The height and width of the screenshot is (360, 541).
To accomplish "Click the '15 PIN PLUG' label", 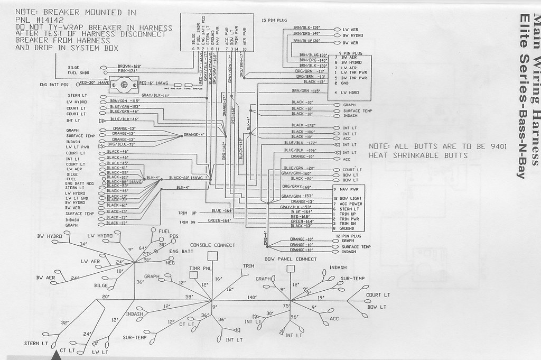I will tap(274, 20).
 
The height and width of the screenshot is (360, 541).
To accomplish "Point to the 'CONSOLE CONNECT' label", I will tap(213, 245).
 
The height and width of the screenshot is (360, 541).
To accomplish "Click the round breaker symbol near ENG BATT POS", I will tap(126, 83).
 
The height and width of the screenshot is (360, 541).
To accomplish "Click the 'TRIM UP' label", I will tap(188, 213).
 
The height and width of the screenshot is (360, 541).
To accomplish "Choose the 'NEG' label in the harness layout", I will tap(170, 262).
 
